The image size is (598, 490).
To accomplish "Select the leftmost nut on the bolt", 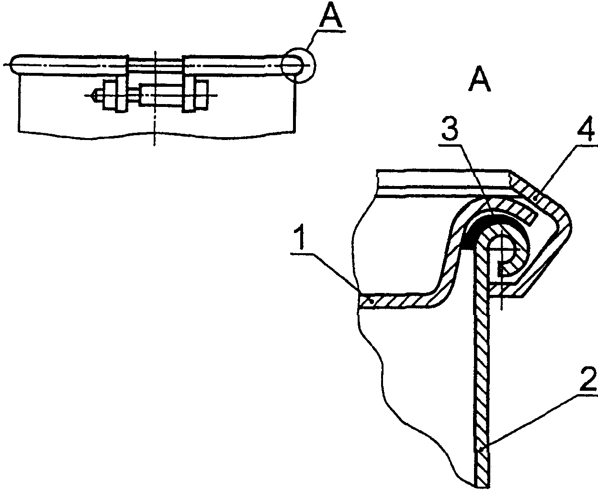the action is click(111, 95).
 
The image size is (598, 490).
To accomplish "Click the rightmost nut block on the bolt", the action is click(201, 95).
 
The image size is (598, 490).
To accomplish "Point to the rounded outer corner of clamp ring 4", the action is click(565, 223).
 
